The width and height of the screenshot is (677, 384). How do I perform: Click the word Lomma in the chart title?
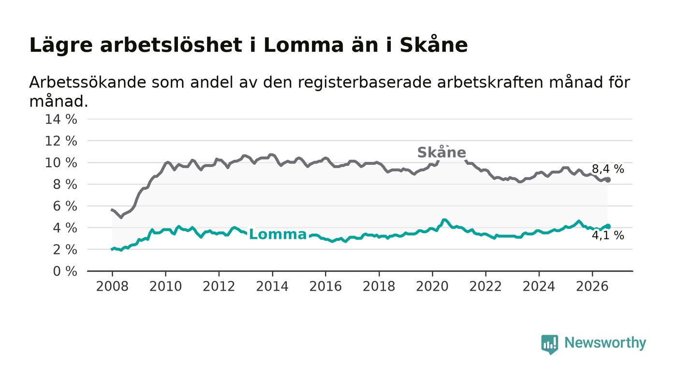click(304, 45)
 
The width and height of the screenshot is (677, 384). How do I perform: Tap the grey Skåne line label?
click(442, 152)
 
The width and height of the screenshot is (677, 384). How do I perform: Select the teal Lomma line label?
click(278, 235)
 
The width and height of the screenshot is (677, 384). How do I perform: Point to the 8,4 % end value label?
click(608, 169)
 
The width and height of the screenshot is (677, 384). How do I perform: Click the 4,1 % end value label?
click(608, 235)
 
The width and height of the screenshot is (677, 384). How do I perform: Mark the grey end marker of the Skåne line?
click(608, 180)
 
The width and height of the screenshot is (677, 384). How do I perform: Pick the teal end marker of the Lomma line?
click(608, 226)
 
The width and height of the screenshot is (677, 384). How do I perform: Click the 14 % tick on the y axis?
click(61, 119)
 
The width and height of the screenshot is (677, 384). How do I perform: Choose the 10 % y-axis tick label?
click(61, 162)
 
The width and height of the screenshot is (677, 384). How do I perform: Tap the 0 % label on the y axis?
click(65, 271)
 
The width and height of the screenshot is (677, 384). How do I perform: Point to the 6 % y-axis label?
click(65, 206)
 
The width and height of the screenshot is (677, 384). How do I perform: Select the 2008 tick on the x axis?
click(112, 286)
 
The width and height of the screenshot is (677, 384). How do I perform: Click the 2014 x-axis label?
click(272, 286)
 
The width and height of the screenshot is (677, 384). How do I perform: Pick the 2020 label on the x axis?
click(432, 286)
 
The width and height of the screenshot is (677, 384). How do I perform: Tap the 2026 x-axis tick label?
click(592, 286)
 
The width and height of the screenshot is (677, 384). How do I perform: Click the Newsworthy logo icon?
click(549, 344)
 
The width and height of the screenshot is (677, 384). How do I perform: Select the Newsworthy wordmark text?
click(605, 343)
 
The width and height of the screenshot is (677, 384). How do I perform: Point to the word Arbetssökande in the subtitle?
click(88, 82)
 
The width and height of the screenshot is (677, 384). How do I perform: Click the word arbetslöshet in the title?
click(171, 45)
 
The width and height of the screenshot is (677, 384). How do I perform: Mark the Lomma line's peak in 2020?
click(444, 220)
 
